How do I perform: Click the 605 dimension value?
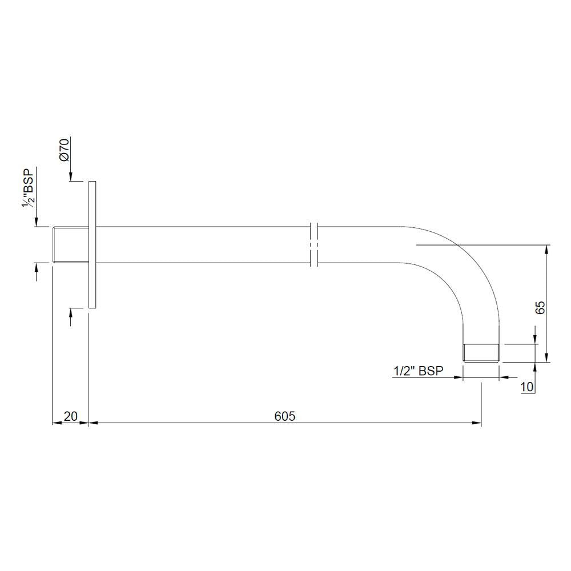pos(284,416)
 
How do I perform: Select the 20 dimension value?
pos(70,416)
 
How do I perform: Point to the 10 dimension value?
pos(526,387)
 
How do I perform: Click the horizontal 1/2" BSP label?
pos(419,371)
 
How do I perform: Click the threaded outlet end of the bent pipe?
pos(481,353)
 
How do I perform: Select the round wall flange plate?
pos(93,246)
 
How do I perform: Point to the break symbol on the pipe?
pos(313,245)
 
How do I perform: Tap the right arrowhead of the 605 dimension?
pos(477,424)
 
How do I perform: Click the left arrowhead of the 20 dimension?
pos(57,424)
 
